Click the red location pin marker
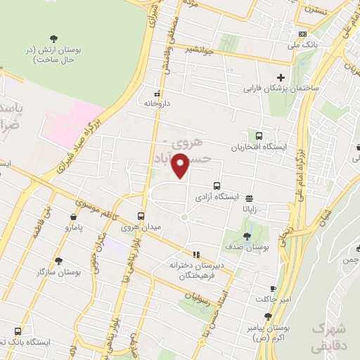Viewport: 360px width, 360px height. click(181, 165)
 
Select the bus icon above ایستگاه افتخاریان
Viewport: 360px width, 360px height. click(259, 136)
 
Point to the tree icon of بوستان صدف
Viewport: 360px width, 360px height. click(246, 236)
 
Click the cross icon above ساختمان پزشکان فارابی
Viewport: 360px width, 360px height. click(281, 77)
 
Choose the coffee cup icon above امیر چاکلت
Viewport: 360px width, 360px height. click(273, 288)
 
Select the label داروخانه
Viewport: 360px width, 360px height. click(157, 103)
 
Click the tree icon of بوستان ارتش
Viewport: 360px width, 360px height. click(55, 39)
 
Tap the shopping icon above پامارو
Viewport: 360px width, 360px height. click(74, 217)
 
